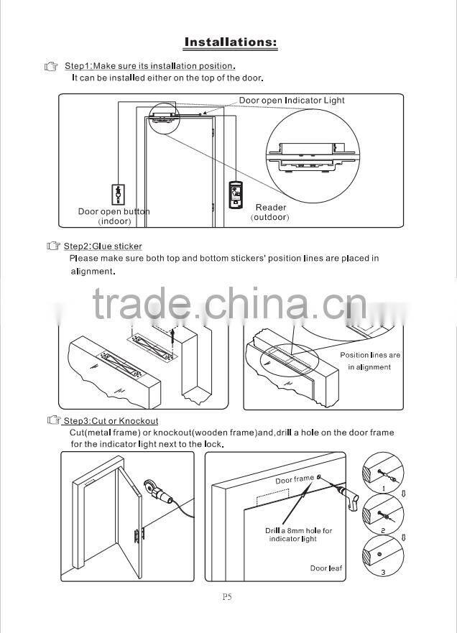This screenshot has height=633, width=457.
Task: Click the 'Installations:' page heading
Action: pos(230,42)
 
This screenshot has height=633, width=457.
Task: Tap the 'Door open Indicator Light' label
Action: pos(292,101)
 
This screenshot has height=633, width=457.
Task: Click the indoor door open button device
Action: pos(118,195)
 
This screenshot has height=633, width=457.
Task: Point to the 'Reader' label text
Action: pos(270,208)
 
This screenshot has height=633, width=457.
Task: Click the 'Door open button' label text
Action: pos(114,211)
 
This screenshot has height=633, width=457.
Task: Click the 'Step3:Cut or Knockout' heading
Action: pos(111,421)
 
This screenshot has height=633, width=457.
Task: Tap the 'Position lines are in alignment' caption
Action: pos(370,361)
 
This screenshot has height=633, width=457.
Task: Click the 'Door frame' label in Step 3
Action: pos(295,479)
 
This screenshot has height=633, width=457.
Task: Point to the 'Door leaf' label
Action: pos(326,568)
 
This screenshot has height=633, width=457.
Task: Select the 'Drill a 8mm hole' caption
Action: pos(298,535)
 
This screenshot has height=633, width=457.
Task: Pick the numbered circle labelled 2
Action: pos(383,514)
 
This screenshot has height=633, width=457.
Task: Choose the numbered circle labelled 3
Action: pos(383,555)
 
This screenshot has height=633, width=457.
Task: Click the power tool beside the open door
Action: pos(157,492)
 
